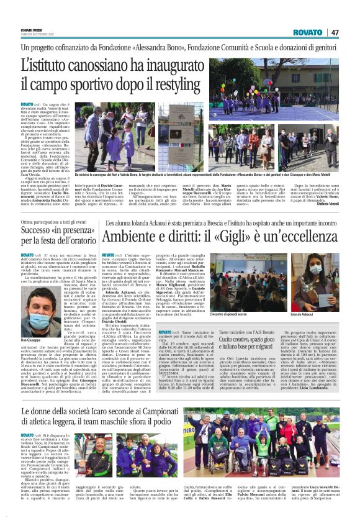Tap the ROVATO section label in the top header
coord(308,32)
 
